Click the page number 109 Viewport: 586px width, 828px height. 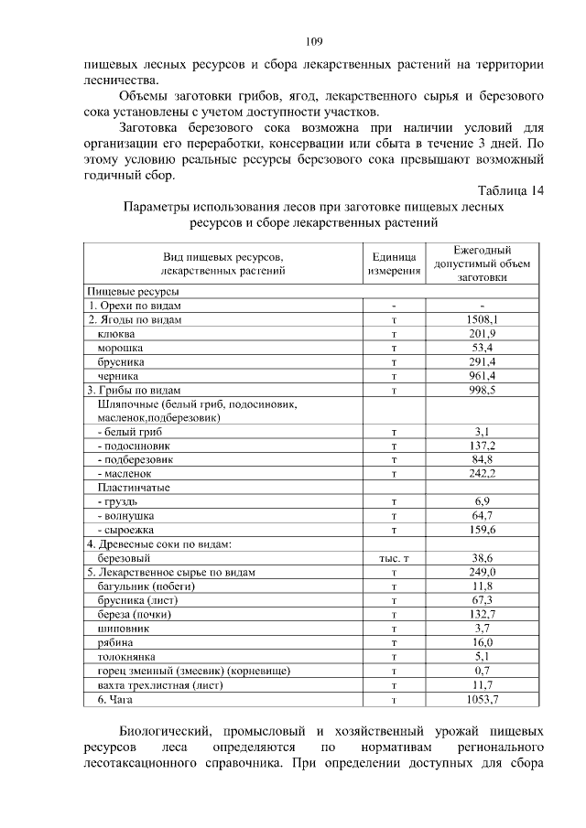coord(314,41)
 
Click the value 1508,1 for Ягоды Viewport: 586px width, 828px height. coord(482,319)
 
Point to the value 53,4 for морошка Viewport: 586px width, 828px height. coord(482,348)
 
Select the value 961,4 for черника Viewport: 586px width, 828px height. coord(482,376)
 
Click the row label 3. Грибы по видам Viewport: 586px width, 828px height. coord(136,390)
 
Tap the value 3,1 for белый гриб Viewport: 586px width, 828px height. coord(482,431)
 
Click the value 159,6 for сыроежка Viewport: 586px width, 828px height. coord(482,530)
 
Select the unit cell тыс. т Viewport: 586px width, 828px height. coord(394,557)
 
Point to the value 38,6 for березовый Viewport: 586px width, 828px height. coord(482,557)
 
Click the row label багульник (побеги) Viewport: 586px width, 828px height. coord(138,586)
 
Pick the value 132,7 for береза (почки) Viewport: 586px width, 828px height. coord(482,614)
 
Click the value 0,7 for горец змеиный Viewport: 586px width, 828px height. coord(482,671)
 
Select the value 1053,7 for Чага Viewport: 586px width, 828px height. coord(482,699)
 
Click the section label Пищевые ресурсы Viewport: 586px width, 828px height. coord(127,291)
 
